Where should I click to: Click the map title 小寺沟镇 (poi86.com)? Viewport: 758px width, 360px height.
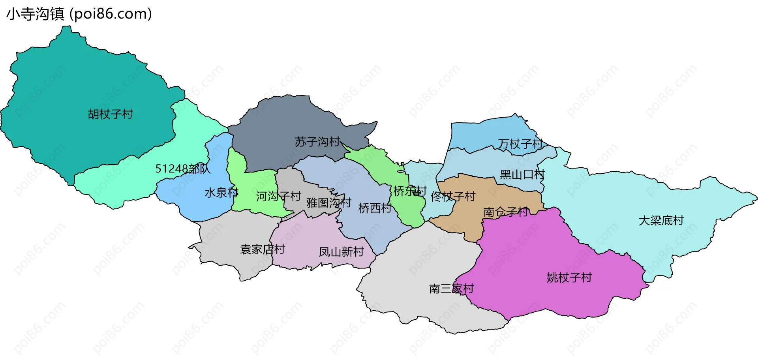coord(79,14)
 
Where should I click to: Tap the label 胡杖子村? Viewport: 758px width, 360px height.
coord(111,114)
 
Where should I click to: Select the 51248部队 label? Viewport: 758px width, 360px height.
coord(183,169)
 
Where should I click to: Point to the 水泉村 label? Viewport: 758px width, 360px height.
coord(221,193)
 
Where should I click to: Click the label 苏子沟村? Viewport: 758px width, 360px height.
coord(317,142)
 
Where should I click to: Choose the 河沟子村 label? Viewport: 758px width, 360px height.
coord(278,196)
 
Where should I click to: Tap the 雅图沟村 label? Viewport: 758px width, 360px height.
coord(329,203)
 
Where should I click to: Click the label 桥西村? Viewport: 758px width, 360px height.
coord(375,208)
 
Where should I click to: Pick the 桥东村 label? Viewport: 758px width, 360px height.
coord(410,191)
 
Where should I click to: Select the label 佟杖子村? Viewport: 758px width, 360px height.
coord(453,197)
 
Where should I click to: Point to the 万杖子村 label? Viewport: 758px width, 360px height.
coord(520,144)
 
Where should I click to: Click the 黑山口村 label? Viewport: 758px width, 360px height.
coord(522,174)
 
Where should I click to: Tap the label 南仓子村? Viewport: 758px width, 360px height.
coord(506,212)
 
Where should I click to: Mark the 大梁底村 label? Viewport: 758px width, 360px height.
coord(661,220)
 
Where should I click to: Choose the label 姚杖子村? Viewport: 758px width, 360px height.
coord(569,278)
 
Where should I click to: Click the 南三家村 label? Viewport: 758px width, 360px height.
coord(451,289)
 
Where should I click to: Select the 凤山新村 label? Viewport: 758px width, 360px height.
coord(341,252)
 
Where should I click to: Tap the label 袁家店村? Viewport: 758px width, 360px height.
coord(263,249)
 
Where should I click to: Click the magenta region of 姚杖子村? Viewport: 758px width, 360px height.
coord(533,253)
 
